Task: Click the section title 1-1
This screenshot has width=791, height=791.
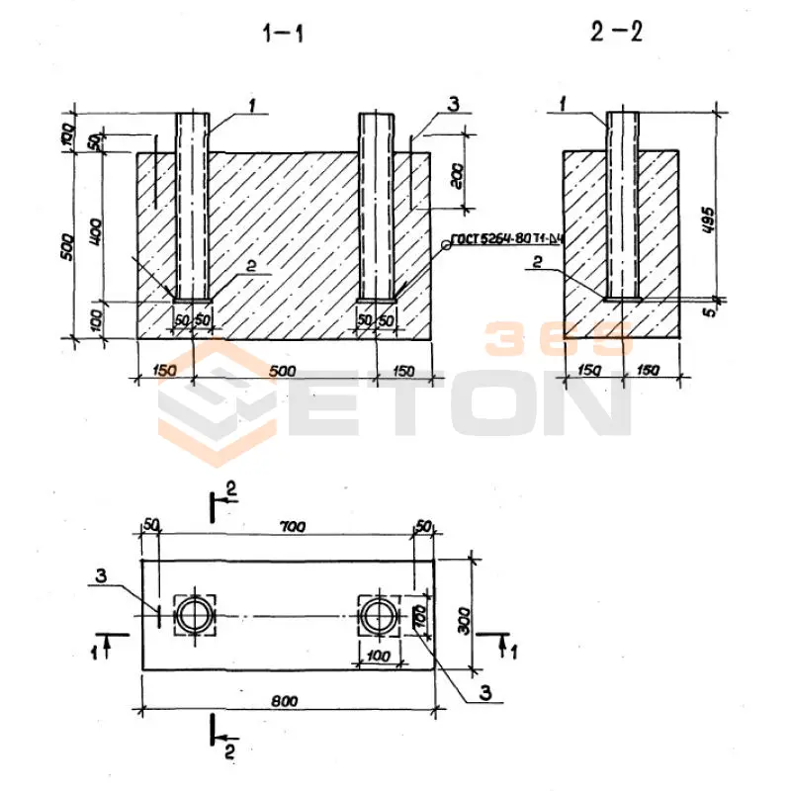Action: tap(284, 34)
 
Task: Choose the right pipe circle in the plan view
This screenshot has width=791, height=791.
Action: tap(378, 615)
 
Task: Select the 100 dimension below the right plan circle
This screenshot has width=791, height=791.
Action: tap(377, 656)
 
